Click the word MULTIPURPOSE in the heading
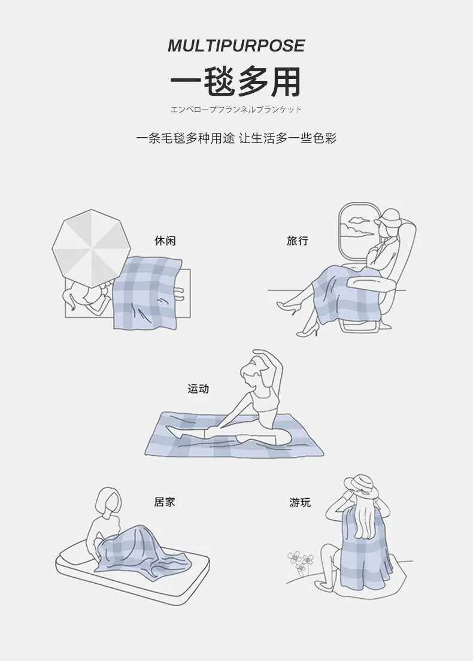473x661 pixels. tap(236, 46)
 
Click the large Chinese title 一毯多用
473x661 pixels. tap(236, 81)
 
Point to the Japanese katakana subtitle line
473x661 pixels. tap(236, 110)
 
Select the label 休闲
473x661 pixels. tap(165, 241)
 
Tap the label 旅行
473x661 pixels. tap(297, 241)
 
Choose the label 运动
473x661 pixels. tap(198, 388)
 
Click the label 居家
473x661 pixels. tap(165, 502)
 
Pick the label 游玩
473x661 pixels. tap(300, 502)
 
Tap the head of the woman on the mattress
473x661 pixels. tap(108, 501)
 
